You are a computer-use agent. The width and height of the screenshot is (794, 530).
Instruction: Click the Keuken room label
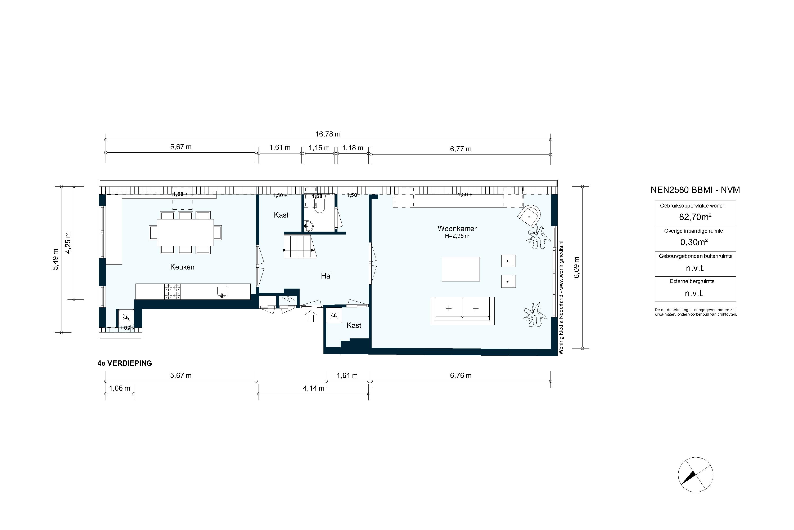(182, 267)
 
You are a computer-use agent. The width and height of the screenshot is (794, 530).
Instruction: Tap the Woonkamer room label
(457, 228)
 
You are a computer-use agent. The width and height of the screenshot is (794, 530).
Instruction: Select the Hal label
(326, 276)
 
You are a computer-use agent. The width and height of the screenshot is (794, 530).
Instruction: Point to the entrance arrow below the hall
(310, 316)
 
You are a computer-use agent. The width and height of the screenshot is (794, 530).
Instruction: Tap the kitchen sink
(222, 291)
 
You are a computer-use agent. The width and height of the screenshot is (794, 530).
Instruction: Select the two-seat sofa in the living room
(462, 311)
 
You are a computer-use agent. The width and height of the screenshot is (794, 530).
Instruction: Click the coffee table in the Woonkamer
(461, 269)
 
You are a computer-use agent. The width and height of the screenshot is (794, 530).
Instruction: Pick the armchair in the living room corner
(529, 216)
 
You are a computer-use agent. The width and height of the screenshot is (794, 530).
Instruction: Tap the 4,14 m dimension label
(313, 388)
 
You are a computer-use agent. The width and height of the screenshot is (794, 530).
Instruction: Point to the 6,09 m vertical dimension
(577, 267)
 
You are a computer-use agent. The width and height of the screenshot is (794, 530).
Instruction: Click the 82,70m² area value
(695, 217)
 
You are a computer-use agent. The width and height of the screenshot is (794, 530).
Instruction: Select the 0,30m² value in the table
(694, 242)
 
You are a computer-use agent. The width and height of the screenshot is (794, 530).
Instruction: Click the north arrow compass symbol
(696, 475)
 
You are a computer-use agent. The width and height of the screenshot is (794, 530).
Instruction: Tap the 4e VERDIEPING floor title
(125, 363)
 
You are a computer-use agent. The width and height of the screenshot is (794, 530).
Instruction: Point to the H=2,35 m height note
(457, 236)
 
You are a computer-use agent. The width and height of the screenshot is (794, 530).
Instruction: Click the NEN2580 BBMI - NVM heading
(695, 190)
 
